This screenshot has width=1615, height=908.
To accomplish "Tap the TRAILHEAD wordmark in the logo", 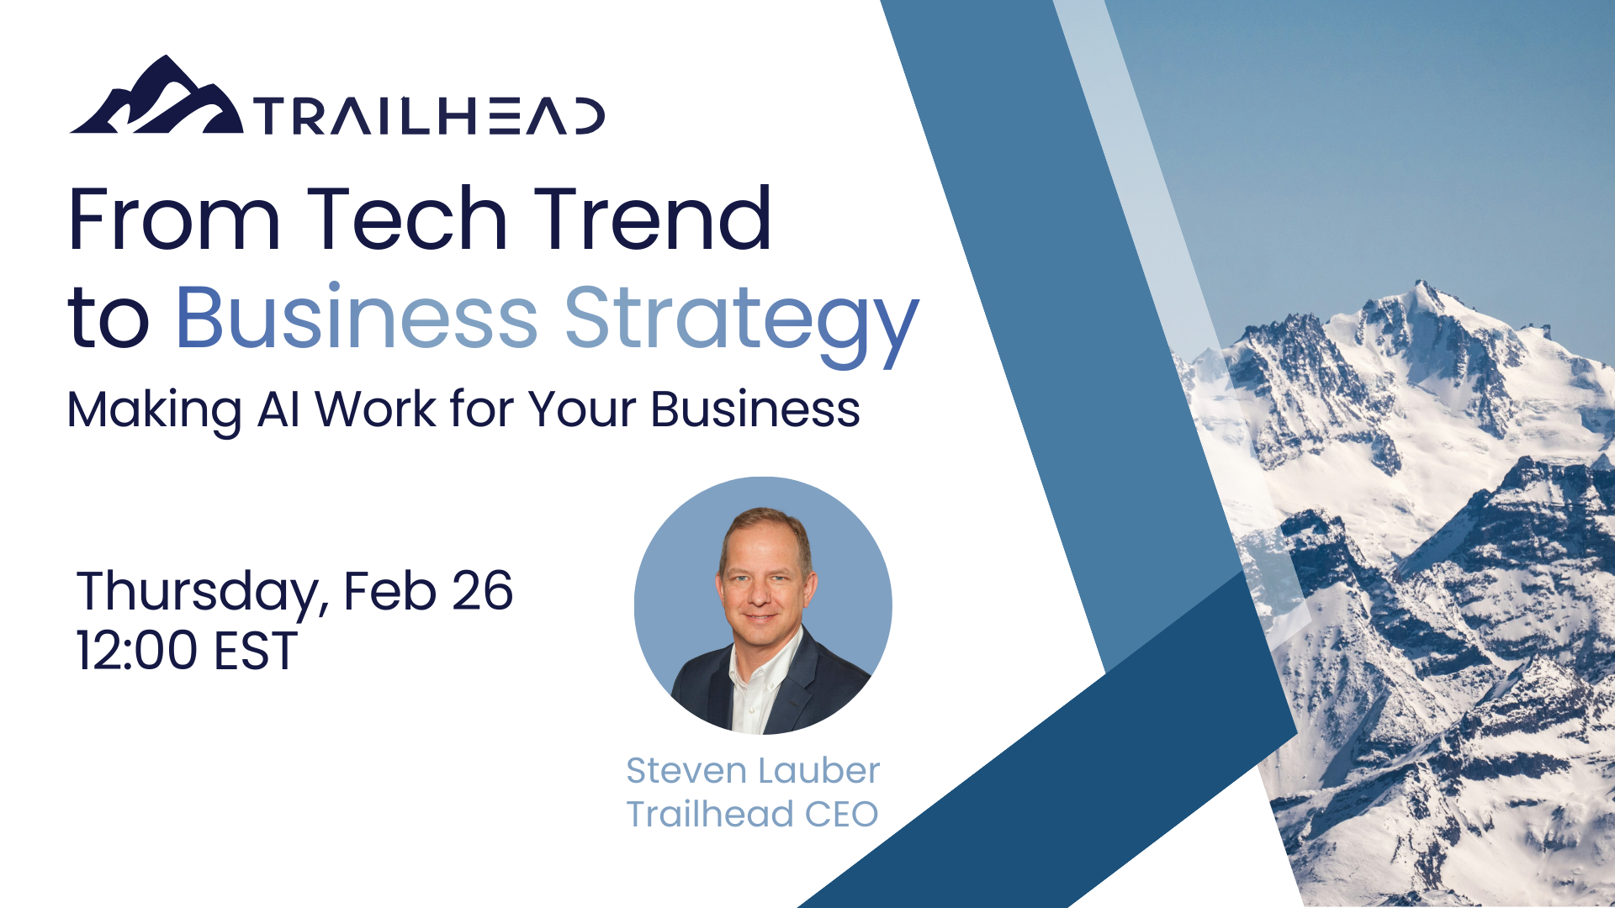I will [429, 116].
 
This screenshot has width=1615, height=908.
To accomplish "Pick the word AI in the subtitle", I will [278, 409].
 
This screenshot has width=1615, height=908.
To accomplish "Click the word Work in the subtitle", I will [375, 409].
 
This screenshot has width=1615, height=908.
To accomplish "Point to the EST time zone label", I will [256, 651].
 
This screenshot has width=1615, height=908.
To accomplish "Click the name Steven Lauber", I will [753, 770].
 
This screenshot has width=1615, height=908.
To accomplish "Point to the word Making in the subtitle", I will [154, 409].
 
